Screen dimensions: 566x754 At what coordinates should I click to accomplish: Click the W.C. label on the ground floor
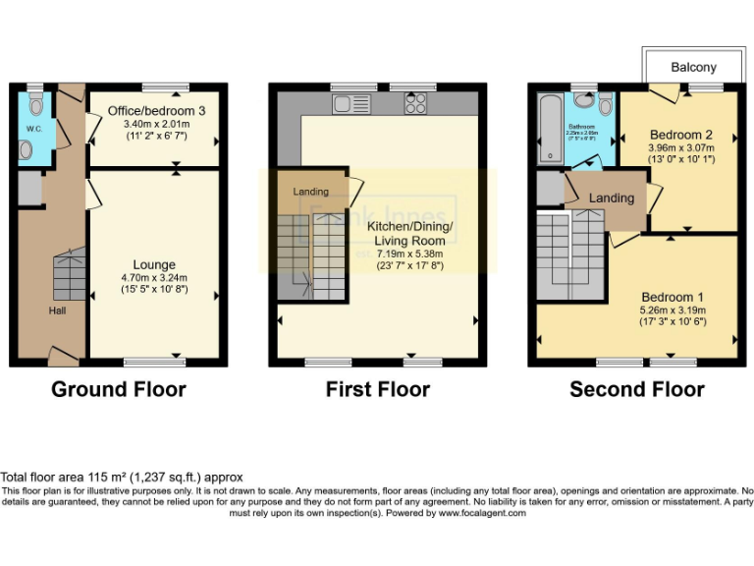click(x=33, y=128)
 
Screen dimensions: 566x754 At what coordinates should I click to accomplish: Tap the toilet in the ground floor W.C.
click(x=36, y=103)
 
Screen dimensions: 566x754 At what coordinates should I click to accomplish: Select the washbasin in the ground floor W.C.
click(x=27, y=149)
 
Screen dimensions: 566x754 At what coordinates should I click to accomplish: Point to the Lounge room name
click(x=154, y=264)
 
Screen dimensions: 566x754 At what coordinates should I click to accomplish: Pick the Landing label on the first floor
click(x=309, y=192)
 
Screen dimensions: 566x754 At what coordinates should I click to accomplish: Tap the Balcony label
click(x=693, y=68)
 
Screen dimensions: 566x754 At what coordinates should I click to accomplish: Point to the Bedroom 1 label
click(x=673, y=296)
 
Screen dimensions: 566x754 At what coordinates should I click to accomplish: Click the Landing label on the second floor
click(x=611, y=198)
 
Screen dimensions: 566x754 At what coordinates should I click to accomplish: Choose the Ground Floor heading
click(x=118, y=390)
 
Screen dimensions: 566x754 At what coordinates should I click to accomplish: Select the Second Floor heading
click(x=636, y=390)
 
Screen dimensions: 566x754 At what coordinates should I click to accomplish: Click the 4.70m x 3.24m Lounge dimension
click(x=154, y=278)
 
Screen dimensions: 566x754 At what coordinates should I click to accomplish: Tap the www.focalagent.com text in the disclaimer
click(x=482, y=513)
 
